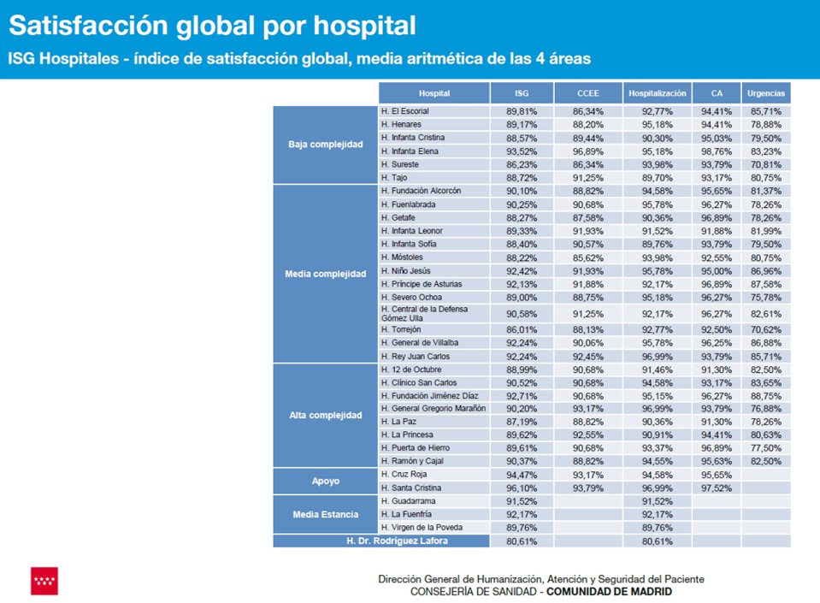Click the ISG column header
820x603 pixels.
(x=521, y=93)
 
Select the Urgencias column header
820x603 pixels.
(x=765, y=93)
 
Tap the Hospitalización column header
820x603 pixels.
(x=657, y=93)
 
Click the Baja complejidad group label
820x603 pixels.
(x=325, y=144)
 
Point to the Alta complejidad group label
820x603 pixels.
(x=325, y=416)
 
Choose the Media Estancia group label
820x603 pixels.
(x=325, y=514)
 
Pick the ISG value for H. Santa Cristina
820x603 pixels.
(x=521, y=488)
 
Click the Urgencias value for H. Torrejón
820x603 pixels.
(x=765, y=329)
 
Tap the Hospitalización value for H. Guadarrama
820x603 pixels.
(x=657, y=501)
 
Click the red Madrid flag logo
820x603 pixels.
(x=44, y=580)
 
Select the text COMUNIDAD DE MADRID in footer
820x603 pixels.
(x=608, y=592)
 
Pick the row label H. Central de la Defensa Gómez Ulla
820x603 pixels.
(x=434, y=313)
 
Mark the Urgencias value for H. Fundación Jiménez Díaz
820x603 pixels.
(x=765, y=396)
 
